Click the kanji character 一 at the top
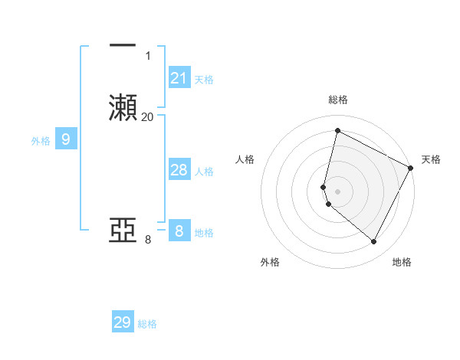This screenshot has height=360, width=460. [123, 45]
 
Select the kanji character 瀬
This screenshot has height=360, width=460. [123, 106]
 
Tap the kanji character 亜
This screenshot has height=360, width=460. [123, 230]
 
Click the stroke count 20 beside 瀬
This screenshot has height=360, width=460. [147, 117]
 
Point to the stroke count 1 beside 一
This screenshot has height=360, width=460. [147, 56]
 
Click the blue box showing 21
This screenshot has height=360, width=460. [179, 78]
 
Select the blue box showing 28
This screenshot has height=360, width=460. [179, 170]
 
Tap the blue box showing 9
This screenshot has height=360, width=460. [66, 139]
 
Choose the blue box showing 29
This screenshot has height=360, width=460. [123, 322]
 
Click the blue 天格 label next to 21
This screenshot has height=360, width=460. [204, 80]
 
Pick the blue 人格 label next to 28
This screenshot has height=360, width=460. [204, 172]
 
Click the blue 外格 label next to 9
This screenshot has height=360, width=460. [40, 141]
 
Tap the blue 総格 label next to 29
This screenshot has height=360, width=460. [147, 324]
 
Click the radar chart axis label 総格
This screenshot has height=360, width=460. [337, 100]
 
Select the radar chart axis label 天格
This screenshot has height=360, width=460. [431, 159]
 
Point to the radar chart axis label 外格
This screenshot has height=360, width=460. [270, 262]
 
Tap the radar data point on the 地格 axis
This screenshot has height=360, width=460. [374, 241]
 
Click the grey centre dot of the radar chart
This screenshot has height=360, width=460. [337, 191]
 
